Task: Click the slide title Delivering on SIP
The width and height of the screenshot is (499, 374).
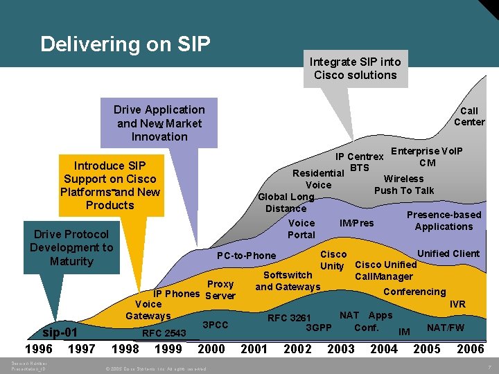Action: click(x=125, y=44)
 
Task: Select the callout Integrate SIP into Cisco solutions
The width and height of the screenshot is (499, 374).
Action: click(x=355, y=69)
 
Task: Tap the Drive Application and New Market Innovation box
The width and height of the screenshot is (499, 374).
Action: click(x=159, y=123)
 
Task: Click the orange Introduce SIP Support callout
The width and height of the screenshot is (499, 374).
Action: click(x=110, y=185)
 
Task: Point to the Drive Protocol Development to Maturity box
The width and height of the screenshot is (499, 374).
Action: click(x=71, y=247)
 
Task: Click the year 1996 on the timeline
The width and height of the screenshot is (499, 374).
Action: click(x=39, y=349)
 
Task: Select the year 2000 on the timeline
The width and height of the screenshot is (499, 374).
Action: click(x=211, y=349)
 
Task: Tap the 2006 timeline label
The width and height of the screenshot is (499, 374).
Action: click(x=470, y=349)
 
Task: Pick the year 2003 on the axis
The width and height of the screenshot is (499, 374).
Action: click(x=340, y=349)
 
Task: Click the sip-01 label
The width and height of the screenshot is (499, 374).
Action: click(x=60, y=332)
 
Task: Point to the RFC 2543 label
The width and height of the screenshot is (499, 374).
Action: click(x=164, y=333)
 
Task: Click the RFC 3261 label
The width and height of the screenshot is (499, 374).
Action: click(x=289, y=318)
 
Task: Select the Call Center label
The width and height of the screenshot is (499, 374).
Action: click(x=469, y=116)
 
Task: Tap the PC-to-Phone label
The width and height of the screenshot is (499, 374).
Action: click(x=246, y=256)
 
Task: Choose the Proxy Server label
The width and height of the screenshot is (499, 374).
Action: click(x=220, y=290)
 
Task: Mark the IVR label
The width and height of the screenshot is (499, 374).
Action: click(x=457, y=305)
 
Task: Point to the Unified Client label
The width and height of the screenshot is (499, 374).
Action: click(x=448, y=253)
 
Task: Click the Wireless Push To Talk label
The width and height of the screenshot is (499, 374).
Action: click(x=404, y=184)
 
